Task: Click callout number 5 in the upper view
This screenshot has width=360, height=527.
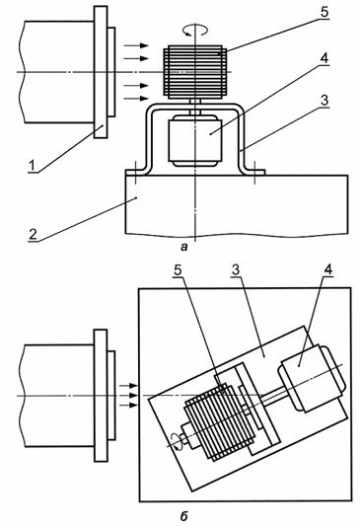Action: pyautogui.click(x=324, y=13)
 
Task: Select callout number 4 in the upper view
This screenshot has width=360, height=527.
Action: pyautogui.click(x=324, y=58)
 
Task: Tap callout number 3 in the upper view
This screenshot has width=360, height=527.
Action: pyautogui.click(x=324, y=101)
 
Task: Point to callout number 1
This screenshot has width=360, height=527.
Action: pyautogui.click(x=33, y=166)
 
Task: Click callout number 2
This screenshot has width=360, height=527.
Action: pyautogui.click(x=33, y=233)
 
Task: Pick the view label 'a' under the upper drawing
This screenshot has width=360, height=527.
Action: pyautogui.click(x=183, y=248)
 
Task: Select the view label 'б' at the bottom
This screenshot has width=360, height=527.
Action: pyautogui.click(x=183, y=516)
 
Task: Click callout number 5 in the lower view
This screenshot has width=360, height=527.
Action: pyautogui.click(x=179, y=270)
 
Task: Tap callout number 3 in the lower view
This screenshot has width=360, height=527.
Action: pyautogui.click(x=236, y=270)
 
